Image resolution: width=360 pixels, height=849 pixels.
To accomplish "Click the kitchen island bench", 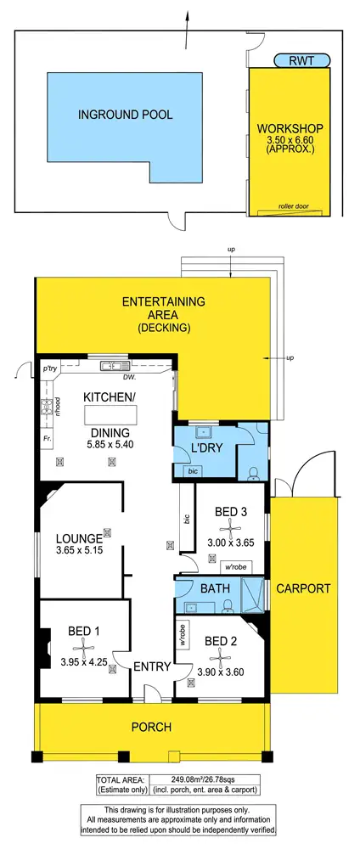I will click(110, 414).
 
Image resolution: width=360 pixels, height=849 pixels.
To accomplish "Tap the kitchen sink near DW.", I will click(111, 366).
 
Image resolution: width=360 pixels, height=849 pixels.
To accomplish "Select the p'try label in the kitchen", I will click(49, 370).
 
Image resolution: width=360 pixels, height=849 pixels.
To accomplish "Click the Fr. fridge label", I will click(48, 438).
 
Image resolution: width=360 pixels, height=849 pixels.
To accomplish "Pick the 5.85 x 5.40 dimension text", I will click(110, 443).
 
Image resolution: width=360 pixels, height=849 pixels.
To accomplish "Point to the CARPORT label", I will click(303, 588).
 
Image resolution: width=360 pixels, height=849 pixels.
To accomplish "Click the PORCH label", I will click(152, 727).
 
